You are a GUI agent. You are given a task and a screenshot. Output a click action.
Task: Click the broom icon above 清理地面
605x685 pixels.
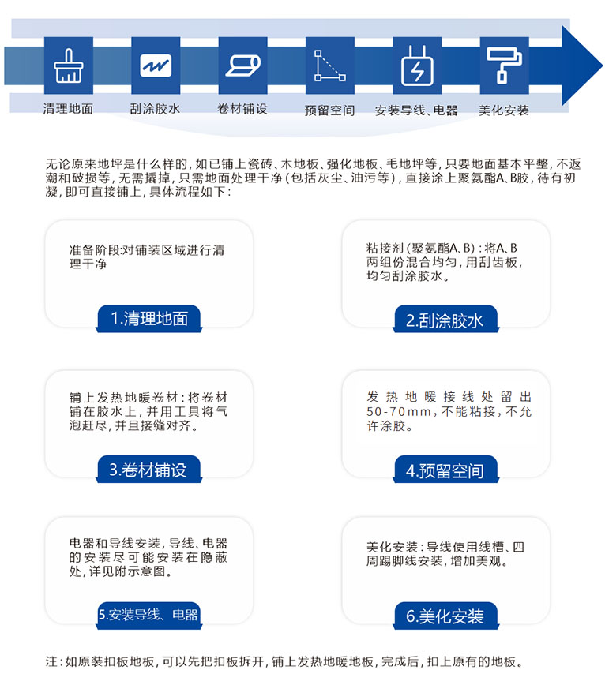click(68, 66)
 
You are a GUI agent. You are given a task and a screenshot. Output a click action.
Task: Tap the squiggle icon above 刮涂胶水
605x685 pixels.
click(156, 66)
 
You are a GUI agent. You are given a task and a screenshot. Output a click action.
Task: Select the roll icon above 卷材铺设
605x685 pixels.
click(243, 66)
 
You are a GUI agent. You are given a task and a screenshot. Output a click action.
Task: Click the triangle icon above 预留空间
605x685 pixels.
click(330, 66)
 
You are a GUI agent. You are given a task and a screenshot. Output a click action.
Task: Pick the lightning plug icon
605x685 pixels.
click(418, 66)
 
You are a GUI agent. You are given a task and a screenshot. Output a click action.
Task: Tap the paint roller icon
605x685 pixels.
click(505, 65)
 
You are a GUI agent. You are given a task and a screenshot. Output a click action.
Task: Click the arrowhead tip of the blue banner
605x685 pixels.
click(603, 66)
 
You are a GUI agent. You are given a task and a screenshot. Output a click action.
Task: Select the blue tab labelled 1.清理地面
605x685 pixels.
click(149, 319)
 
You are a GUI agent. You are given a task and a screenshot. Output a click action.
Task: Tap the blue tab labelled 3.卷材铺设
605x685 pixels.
click(149, 470)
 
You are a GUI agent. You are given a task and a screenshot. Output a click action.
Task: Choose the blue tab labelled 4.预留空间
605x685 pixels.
click(446, 470)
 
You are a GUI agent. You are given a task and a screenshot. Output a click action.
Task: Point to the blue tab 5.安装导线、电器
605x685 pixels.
click(149, 616)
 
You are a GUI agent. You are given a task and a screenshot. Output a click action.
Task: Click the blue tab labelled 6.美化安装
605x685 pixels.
click(446, 616)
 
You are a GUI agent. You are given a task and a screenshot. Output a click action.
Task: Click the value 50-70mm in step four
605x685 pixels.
click(399, 411)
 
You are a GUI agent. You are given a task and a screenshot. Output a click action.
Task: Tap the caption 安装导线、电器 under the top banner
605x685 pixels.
click(416, 110)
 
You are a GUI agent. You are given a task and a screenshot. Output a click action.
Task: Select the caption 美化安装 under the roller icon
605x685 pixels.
click(504, 110)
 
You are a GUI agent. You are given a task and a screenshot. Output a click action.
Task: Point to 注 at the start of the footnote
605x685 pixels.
click(51, 661)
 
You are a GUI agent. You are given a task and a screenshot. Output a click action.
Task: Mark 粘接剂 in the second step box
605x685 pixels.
click(385, 248)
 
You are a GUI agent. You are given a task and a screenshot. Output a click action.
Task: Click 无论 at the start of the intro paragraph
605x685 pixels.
click(58, 164)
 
